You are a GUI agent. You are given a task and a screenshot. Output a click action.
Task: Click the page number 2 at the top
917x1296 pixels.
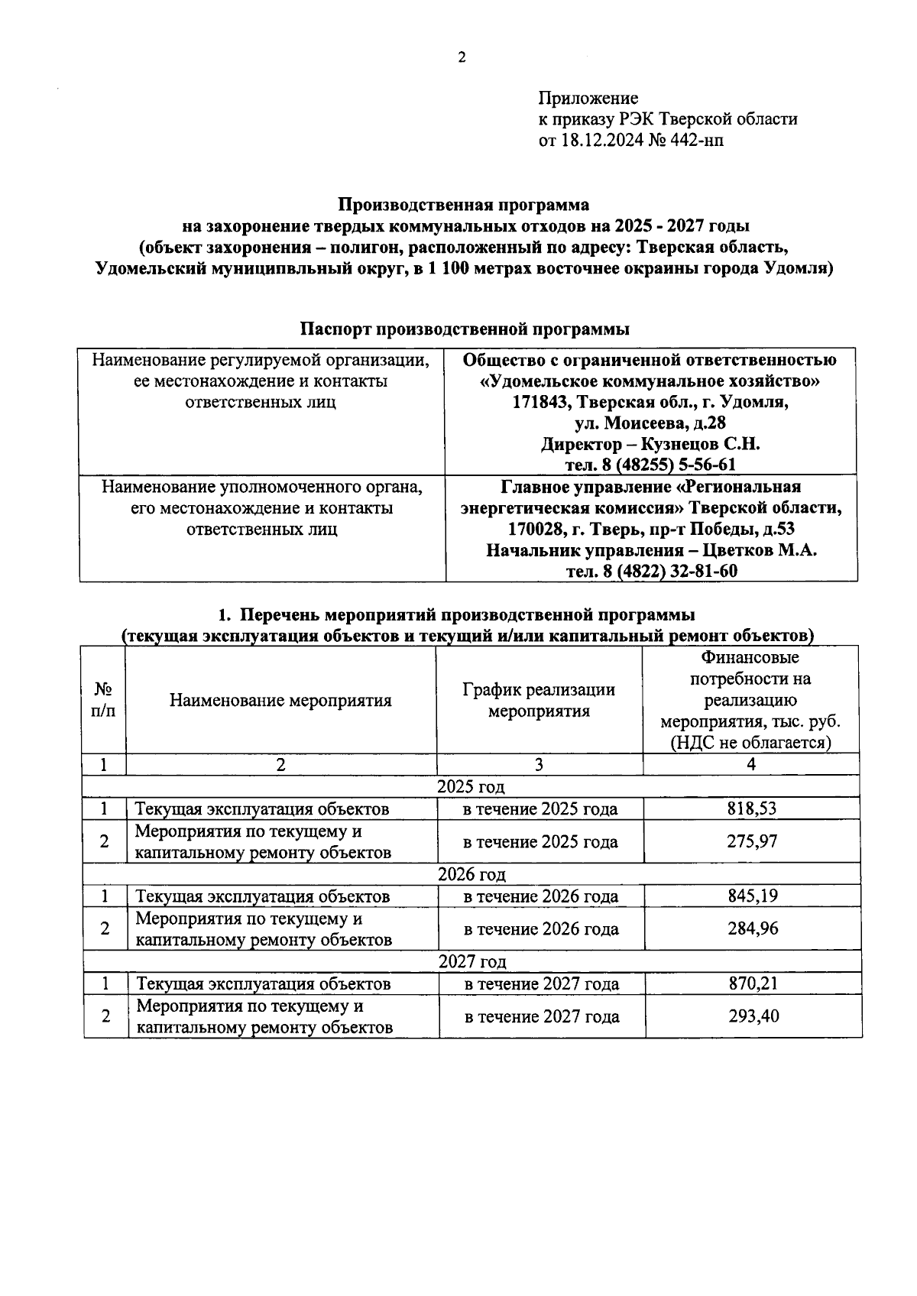(x=461, y=57)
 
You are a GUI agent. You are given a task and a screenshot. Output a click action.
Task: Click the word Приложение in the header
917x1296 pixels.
(x=588, y=98)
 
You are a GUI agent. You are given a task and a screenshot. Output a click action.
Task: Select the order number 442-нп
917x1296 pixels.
(x=695, y=141)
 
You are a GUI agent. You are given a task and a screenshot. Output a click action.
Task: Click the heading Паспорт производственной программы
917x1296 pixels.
(x=465, y=329)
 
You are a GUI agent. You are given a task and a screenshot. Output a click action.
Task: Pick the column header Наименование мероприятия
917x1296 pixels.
(x=280, y=700)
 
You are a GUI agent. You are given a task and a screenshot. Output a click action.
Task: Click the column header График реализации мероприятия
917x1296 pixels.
(x=539, y=700)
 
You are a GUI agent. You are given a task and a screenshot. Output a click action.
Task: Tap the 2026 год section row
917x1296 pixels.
(x=471, y=874)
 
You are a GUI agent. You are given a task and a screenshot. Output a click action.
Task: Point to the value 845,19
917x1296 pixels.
(x=752, y=896)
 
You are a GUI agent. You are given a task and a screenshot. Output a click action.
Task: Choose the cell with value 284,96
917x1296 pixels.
(x=753, y=928)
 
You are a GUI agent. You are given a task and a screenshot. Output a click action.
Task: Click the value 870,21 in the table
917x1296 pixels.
(x=753, y=983)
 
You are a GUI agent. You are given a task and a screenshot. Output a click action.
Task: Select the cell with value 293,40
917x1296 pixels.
(x=753, y=1016)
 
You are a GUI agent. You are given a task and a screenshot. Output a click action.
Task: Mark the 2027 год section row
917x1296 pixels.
(x=472, y=961)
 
